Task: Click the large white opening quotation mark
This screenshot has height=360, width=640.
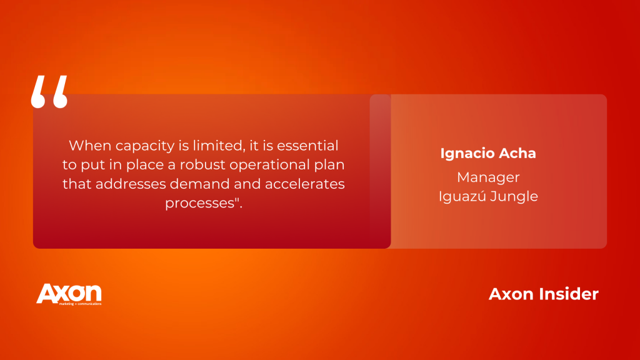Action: (49, 92)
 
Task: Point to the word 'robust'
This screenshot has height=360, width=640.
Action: (202, 164)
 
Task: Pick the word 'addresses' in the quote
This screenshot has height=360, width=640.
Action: (131, 184)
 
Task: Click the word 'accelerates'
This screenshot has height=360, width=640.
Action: (305, 184)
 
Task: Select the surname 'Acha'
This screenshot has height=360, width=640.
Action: (517, 154)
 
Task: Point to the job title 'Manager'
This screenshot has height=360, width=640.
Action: (488, 177)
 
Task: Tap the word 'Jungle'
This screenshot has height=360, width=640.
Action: (514, 197)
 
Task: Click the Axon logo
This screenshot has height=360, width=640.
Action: (69, 294)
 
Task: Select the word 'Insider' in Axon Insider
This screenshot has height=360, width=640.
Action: (569, 294)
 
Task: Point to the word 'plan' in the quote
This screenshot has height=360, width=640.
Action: (329, 165)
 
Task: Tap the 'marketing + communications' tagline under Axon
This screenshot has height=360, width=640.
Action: (80, 304)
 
